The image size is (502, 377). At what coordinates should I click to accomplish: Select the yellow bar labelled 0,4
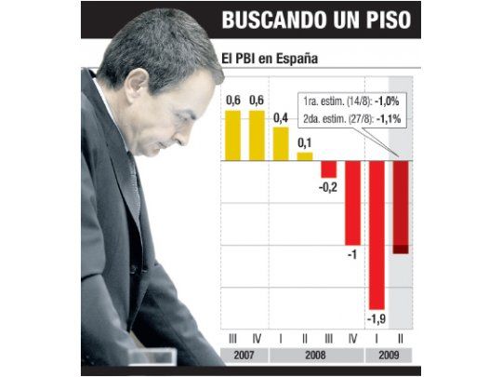pos(281,143)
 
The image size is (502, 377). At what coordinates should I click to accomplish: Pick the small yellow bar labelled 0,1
pos(304,155)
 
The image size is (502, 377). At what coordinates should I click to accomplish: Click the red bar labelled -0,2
pos(328,168)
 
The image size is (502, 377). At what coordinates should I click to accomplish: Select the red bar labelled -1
pos(352,202)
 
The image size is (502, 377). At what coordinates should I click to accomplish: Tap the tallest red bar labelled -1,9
pos(376,235)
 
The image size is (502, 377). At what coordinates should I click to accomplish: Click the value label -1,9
pos(376,320)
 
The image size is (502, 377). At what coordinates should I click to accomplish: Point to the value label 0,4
pos(281,117)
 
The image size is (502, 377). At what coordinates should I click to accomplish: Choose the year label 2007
pos(244,355)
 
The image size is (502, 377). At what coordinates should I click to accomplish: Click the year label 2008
pos(316,355)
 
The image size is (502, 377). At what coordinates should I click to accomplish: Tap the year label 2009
pos(389,355)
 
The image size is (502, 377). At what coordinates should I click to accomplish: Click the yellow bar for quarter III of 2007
pos(232,135)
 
